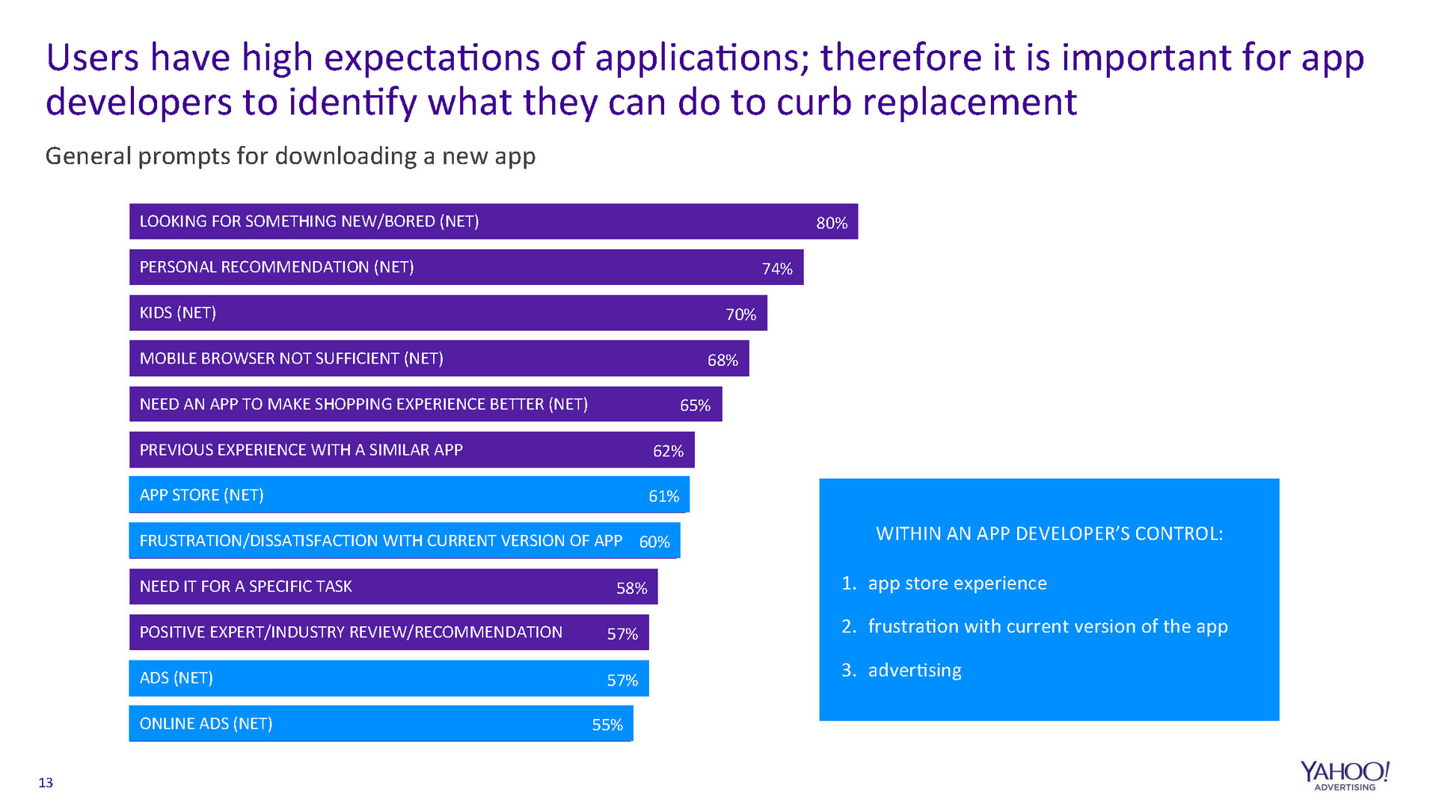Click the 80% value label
pos(832,223)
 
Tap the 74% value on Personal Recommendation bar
pos(777,269)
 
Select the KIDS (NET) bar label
pos(178,313)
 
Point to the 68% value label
pos(722,360)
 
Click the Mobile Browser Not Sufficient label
pos(292,358)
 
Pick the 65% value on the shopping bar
pos(695,405)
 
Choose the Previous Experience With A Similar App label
pos(301,450)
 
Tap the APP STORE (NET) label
pos(202,495)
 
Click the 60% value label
pos(654,542)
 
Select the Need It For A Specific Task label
pos(246,587)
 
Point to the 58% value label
pos(631,588)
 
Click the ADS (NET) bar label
pos(177,678)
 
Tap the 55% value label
pos(607,724)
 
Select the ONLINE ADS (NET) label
pos(206,723)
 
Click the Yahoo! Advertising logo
pos(1344,775)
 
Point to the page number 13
pos(46,783)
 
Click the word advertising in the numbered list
pos(915,670)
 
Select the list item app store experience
pos(957,584)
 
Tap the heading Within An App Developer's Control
pos(1049,533)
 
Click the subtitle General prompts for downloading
pos(290,156)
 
